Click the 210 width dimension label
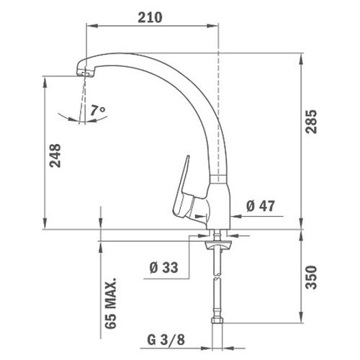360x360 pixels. tap(150, 17)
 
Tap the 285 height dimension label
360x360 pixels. tap(311, 122)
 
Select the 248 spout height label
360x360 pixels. tap(55, 156)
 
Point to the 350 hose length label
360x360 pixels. tap(311, 277)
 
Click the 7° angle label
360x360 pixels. tap(98, 110)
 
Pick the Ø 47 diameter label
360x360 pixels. tap(261, 206)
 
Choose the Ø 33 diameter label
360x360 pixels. tap(164, 268)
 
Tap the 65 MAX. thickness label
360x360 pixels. tap(111, 303)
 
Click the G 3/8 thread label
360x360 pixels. tap(166, 340)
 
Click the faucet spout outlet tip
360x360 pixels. tap(85, 73)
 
